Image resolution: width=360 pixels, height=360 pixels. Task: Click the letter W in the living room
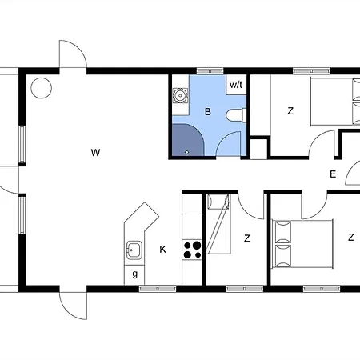click(95, 153)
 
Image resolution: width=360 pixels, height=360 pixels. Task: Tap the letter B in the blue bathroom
click(208, 111)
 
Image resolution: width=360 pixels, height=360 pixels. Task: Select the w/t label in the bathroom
click(236, 85)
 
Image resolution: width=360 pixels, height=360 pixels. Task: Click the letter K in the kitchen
click(162, 250)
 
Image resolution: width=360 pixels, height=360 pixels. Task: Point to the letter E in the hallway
click(333, 174)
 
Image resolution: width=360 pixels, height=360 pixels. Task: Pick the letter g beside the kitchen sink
click(135, 274)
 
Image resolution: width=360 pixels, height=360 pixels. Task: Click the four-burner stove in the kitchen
click(192, 250)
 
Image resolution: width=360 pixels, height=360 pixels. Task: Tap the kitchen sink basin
click(134, 250)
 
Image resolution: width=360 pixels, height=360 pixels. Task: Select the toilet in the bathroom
click(236, 115)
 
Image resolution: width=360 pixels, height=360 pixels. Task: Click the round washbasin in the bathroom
click(180, 95)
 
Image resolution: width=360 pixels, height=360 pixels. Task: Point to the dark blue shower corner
click(188, 139)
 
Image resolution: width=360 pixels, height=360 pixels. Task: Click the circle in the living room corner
click(41, 88)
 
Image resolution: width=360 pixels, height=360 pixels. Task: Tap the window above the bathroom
click(210, 71)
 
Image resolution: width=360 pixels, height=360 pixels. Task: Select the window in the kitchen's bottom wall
click(158, 289)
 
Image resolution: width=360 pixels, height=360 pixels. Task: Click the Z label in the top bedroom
click(290, 111)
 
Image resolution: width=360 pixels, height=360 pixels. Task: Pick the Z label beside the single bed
click(247, 238)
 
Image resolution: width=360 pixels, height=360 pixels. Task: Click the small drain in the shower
click(186, 152)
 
